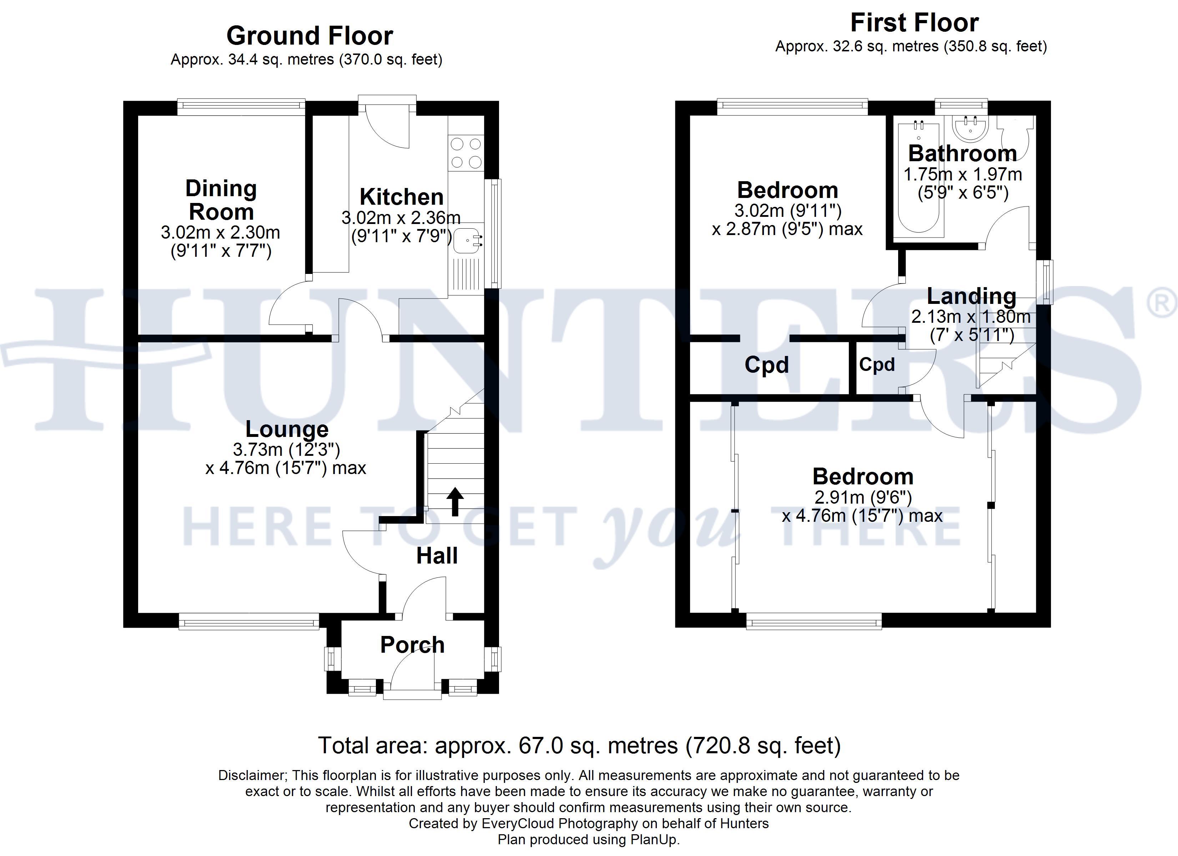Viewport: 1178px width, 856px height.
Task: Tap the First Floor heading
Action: tap(914, 23)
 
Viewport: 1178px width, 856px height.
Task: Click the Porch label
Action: tap(412, 645)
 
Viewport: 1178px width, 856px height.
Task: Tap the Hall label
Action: tap(437, 556)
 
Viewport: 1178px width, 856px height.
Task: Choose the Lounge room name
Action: tap(287, 429)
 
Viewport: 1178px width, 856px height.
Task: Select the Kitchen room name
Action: tap(402, 197)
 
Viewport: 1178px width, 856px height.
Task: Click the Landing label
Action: tap(971, 296)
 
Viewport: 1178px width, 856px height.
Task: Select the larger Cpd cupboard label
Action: tap(767, 365)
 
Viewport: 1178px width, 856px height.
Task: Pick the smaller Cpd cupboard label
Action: tap(877, 365)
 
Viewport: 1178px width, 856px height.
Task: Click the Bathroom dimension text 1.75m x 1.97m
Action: tap(962, 174)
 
